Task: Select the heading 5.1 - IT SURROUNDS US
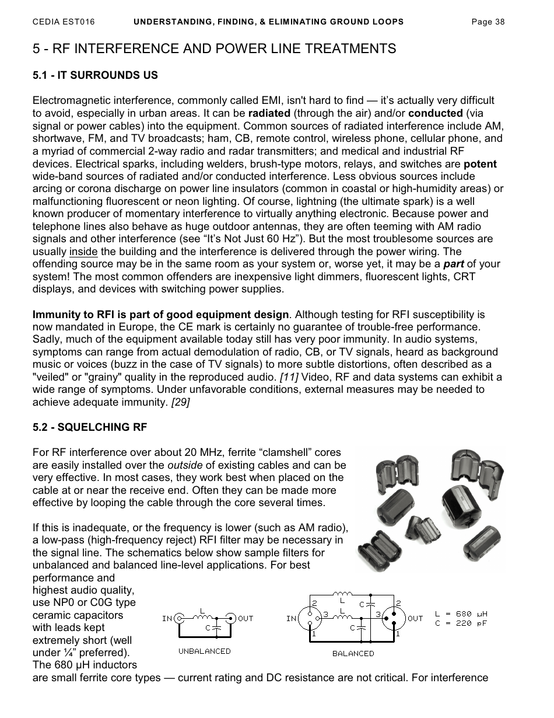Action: coord(95,75)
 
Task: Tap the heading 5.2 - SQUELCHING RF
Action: coord(90,427)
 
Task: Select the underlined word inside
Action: coord(83,252)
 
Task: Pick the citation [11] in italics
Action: coord(289,377)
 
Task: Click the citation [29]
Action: coord(180,402)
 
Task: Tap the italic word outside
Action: coord(185,465)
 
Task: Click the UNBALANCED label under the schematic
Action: coord(204,651)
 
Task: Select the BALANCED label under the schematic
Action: coord(353,653)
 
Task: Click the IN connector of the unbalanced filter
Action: coord(180,618)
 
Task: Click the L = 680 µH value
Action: coord(461,614)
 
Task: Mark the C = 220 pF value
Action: coord(461,623)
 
